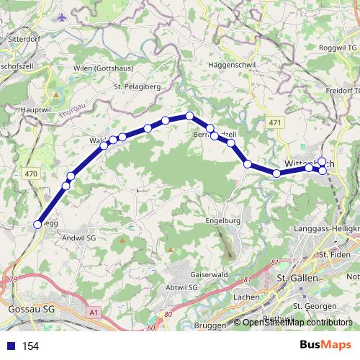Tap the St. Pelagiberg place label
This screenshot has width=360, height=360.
point(137,88)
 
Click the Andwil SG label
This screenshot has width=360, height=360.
point(81,237)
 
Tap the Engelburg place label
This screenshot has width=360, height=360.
point(222,221)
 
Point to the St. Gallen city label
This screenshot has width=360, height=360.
point(297,279)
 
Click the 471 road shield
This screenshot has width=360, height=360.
point(274,124)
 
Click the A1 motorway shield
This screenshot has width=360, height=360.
point(94,312)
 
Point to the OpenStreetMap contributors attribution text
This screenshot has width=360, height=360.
point(297,323)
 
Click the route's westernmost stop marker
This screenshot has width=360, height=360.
point(37,224)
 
